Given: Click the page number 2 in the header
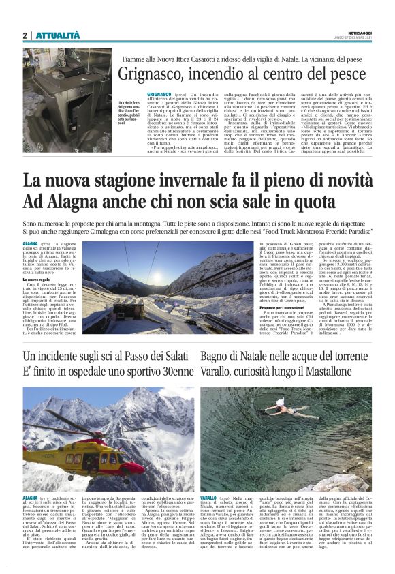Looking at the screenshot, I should pyautogui.click(x=25, y=35).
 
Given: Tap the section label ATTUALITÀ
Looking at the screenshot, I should pyautogui.click(x=57, y=35).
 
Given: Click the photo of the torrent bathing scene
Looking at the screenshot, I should pyautogui.click(x=287, y=439).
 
